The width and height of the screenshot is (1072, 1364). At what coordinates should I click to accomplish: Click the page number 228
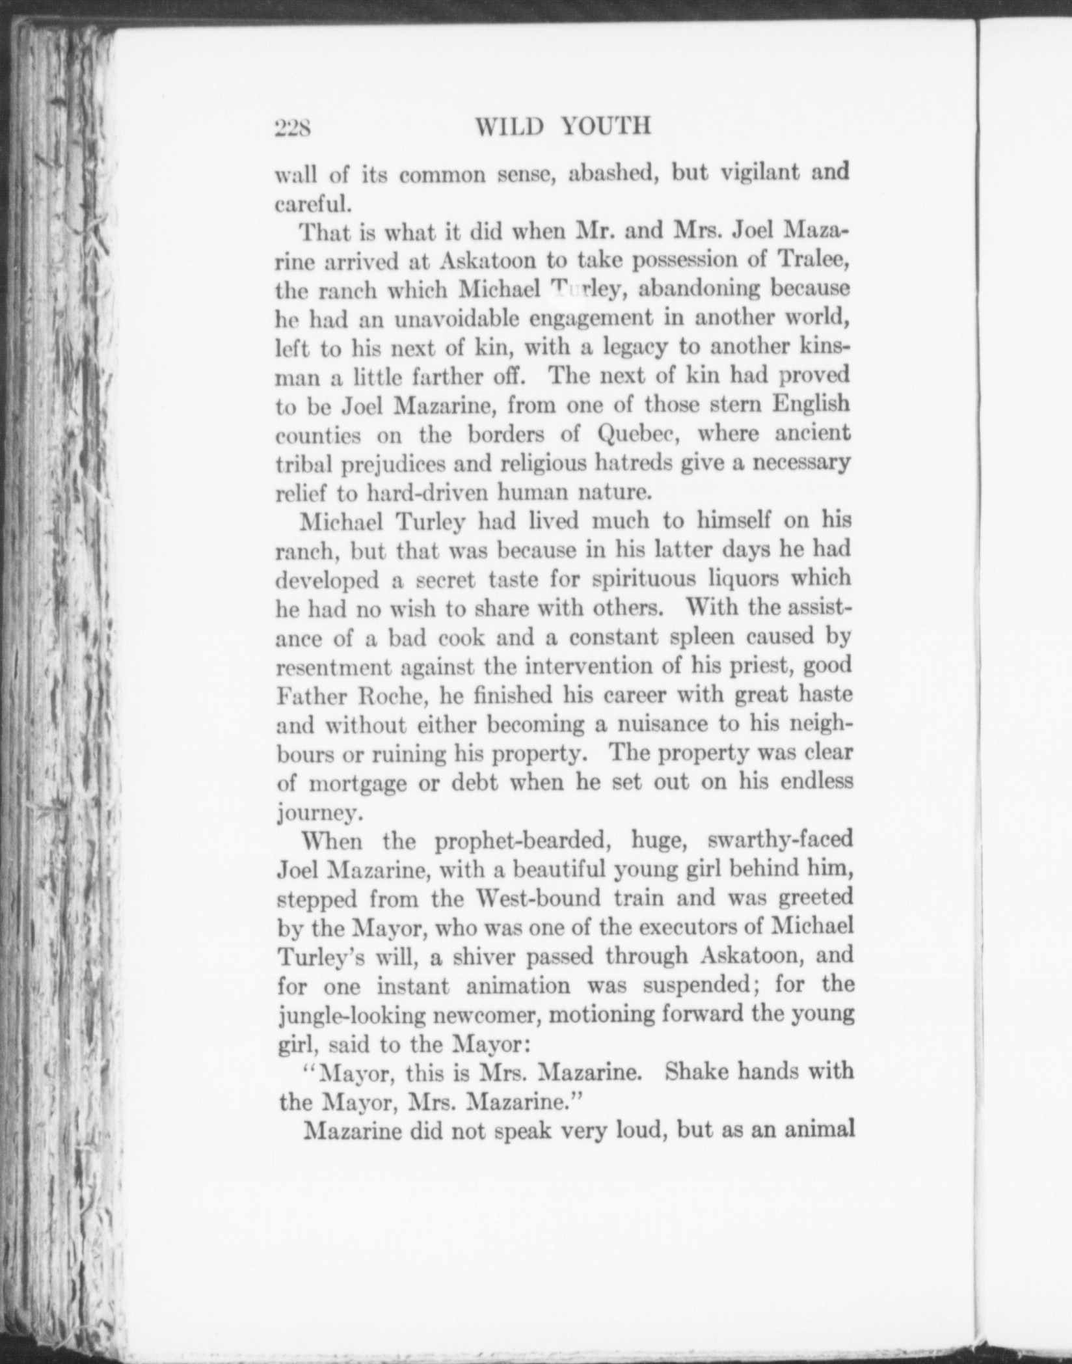point(294,128)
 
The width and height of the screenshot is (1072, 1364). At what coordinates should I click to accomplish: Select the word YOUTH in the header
point(606,126)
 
